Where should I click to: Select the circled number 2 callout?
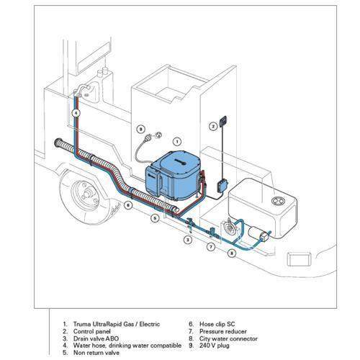[213, 126]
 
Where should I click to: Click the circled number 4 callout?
[76, 123]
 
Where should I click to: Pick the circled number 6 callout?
[127, 205]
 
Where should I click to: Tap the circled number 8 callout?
[232, 253]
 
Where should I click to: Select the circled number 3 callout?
[186, 238]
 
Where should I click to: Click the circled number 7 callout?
[210, 246]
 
